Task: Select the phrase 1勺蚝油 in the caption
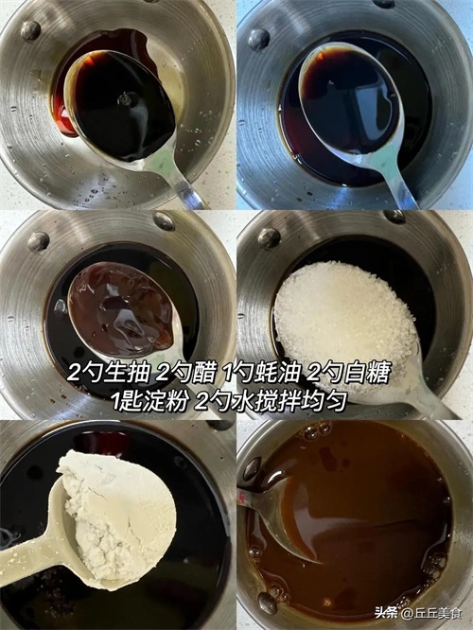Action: [261, 373]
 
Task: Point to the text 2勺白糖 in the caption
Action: [349, 373]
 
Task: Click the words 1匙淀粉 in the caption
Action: [149, 400]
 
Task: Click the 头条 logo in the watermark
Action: [385, 613]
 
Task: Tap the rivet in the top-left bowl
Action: [30, 30]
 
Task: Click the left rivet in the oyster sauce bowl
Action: [38, 241]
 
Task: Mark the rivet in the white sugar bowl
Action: [269, 237]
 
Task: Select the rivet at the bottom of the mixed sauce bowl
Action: [267, 603]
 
